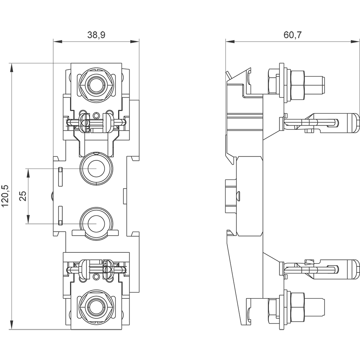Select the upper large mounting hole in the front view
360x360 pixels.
[96, 168]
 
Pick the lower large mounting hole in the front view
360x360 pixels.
[96, 223]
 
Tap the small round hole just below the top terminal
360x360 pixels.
[96, 115]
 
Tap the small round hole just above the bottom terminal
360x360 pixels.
[96, 277]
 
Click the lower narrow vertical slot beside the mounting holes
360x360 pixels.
[60, 215]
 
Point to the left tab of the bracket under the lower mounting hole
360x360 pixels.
[77, 233]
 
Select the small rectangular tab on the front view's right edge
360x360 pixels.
[125, 196]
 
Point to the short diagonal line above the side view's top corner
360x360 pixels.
[228, 75]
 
